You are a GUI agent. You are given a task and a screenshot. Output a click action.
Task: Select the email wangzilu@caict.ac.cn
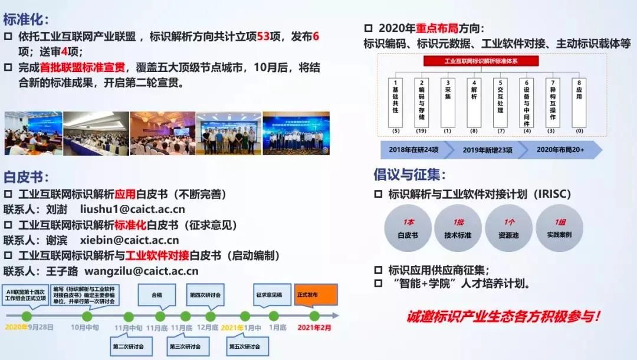tap(142, 271)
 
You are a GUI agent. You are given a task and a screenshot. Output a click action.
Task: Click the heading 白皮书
tap(26, 176)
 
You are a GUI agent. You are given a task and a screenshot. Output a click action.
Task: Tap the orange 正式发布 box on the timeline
tap(316, 294)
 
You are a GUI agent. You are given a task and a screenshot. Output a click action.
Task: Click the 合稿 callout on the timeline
tap(157, 294)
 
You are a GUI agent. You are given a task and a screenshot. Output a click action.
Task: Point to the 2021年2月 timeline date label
tap(314, 327)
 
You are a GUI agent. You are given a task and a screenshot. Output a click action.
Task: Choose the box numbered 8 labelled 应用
tap(579, 101)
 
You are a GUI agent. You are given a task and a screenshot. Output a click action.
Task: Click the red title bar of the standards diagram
tap(481, 61)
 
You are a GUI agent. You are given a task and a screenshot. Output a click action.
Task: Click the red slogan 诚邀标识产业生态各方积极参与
tap(504, 316)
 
